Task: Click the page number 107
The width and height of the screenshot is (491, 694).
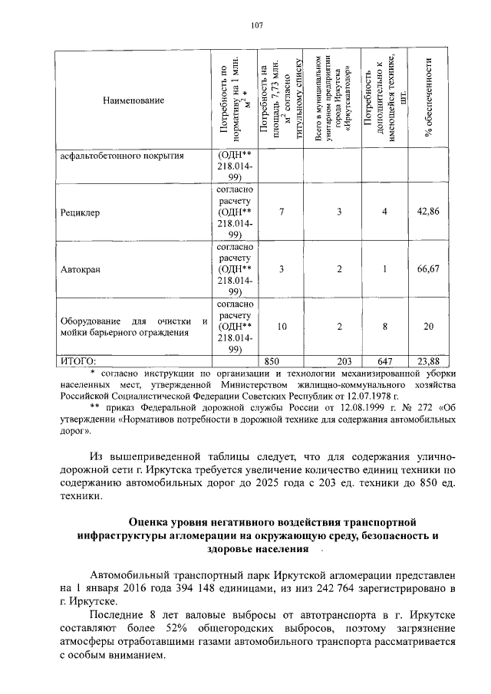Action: (x=257, y=25)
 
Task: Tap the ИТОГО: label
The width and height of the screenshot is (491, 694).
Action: (x=78, y=360)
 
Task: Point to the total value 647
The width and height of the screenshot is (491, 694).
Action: (x=384, y=360)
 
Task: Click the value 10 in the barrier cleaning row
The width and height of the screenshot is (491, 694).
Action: (x=282, y=327)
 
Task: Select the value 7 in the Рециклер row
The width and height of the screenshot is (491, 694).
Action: (x=282, y=211)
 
